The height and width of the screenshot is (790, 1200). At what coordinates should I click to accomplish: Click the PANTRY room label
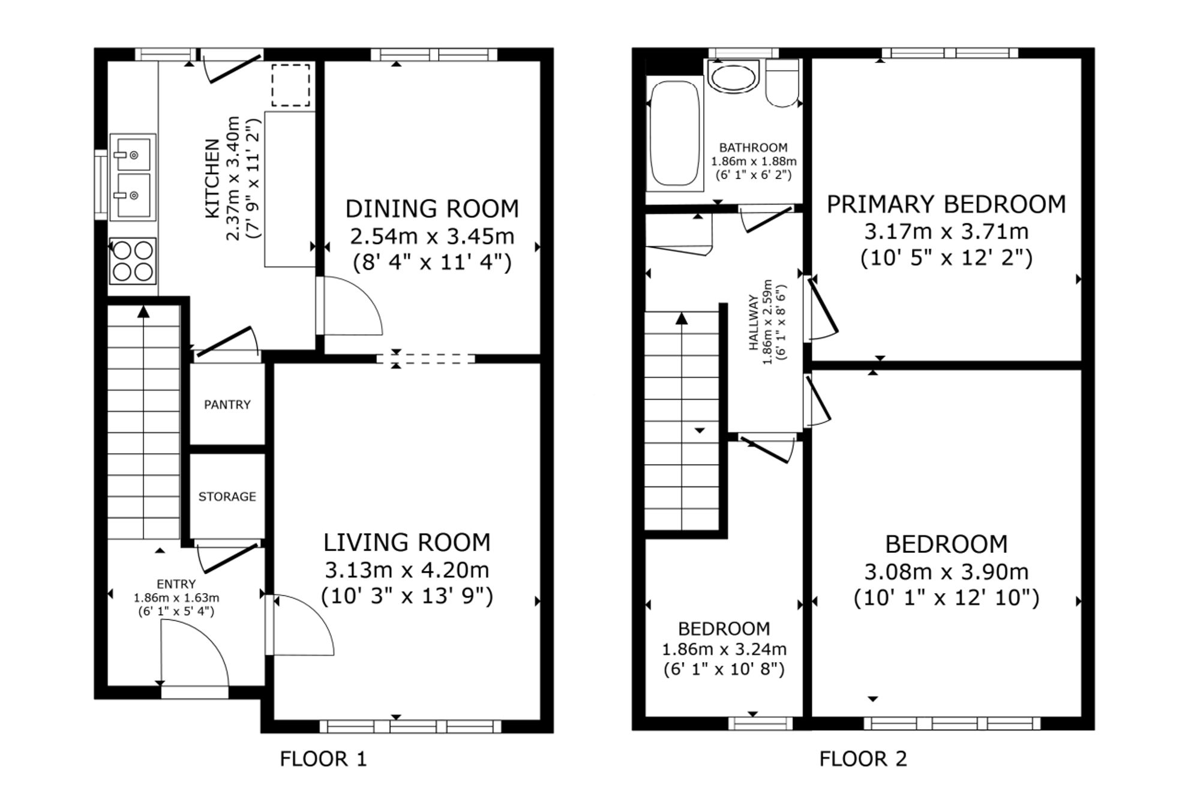pos(227,405)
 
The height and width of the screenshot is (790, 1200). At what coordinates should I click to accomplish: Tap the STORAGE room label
pos(227,496)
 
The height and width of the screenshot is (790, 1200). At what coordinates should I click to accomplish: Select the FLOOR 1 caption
pos(323,759)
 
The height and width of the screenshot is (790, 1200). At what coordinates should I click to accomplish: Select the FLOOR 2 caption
pos(863,759)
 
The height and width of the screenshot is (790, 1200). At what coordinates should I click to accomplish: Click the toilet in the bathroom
pos(782,83)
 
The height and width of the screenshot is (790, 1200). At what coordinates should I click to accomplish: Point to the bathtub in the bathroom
pos(675,133)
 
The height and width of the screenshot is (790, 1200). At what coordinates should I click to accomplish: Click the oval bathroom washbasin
pos(733,77)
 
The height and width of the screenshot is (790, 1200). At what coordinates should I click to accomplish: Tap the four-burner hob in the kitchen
pos(133,261)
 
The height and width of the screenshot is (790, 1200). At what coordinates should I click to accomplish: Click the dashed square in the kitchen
pos(291,85)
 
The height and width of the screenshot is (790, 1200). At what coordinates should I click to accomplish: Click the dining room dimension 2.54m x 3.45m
pos(432,237)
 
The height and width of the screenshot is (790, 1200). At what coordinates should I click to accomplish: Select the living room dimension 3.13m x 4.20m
pos(407,570)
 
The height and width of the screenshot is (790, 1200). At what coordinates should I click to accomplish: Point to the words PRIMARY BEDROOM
pos(946,205)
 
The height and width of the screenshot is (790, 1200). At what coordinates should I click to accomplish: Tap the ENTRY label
pos(176,584)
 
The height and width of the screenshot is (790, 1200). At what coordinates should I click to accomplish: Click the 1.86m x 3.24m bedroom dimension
pos(724,650)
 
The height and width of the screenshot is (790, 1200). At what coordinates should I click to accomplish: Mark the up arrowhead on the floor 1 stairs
pos(143,311)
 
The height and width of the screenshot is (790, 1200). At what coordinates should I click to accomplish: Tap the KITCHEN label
pos(212,178)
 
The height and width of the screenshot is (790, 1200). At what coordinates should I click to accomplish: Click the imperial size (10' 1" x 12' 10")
pos(946,599)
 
